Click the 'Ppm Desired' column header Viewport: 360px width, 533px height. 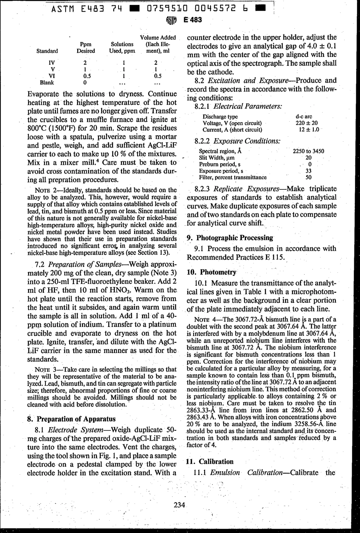[86, 47]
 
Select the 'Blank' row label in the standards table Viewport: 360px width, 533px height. [47, 82]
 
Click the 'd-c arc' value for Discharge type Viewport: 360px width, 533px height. [304, 117]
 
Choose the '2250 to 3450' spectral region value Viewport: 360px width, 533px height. [308, 151]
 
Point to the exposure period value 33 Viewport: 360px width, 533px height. [308, 171]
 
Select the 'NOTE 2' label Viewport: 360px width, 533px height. [47, 190]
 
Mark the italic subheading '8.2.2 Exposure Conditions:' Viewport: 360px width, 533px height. [237, 141]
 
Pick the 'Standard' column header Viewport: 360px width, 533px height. [47, 51]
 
